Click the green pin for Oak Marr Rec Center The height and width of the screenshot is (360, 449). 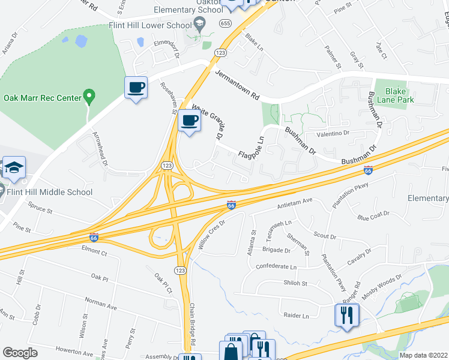[89, 96]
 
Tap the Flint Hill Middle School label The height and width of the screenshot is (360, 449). [50, 192]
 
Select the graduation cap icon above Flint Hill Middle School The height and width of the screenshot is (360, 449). [14, 168]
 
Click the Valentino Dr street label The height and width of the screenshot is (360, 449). [328, 133]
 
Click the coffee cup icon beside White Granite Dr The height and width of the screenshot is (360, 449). [190, 121]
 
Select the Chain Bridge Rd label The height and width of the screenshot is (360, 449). [193, 325]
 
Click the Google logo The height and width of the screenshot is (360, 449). [20, 353]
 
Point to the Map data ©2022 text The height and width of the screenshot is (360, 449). [423, 355]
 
